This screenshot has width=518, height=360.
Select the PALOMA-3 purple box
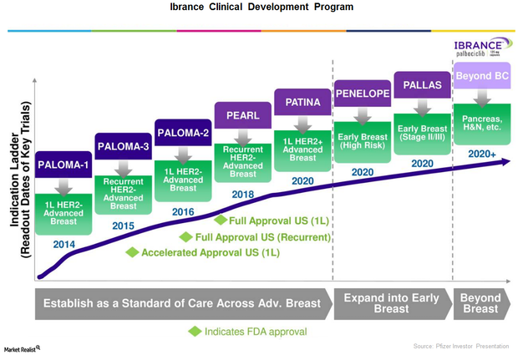124,147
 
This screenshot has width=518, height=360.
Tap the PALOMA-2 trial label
183,132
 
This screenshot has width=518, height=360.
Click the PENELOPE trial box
362,92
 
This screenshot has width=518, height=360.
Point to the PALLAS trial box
422,85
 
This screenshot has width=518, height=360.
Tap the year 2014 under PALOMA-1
64,244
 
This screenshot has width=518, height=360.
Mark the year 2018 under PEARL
242,194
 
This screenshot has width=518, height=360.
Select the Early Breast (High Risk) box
362,139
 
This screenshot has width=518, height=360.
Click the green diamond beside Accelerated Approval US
131,252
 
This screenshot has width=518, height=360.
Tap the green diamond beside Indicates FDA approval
195,331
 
